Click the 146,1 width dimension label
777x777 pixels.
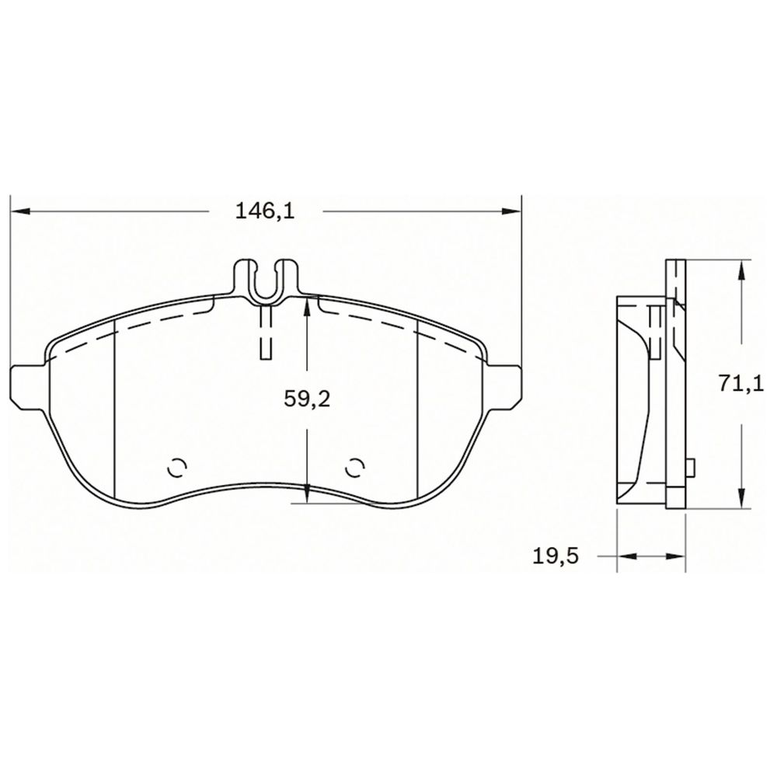point(265,211)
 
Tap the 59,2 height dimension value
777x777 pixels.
point(308,399)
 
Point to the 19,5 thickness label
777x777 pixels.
point(556,556)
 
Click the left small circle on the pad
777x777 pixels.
point(178,468)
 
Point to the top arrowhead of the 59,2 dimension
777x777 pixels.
point(308,305)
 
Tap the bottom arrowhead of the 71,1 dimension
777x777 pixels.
point(743,500)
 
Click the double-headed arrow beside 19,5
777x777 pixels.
point(650,556)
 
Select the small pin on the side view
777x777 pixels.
point(691,468)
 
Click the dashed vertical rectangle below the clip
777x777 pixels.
point(266,332)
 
